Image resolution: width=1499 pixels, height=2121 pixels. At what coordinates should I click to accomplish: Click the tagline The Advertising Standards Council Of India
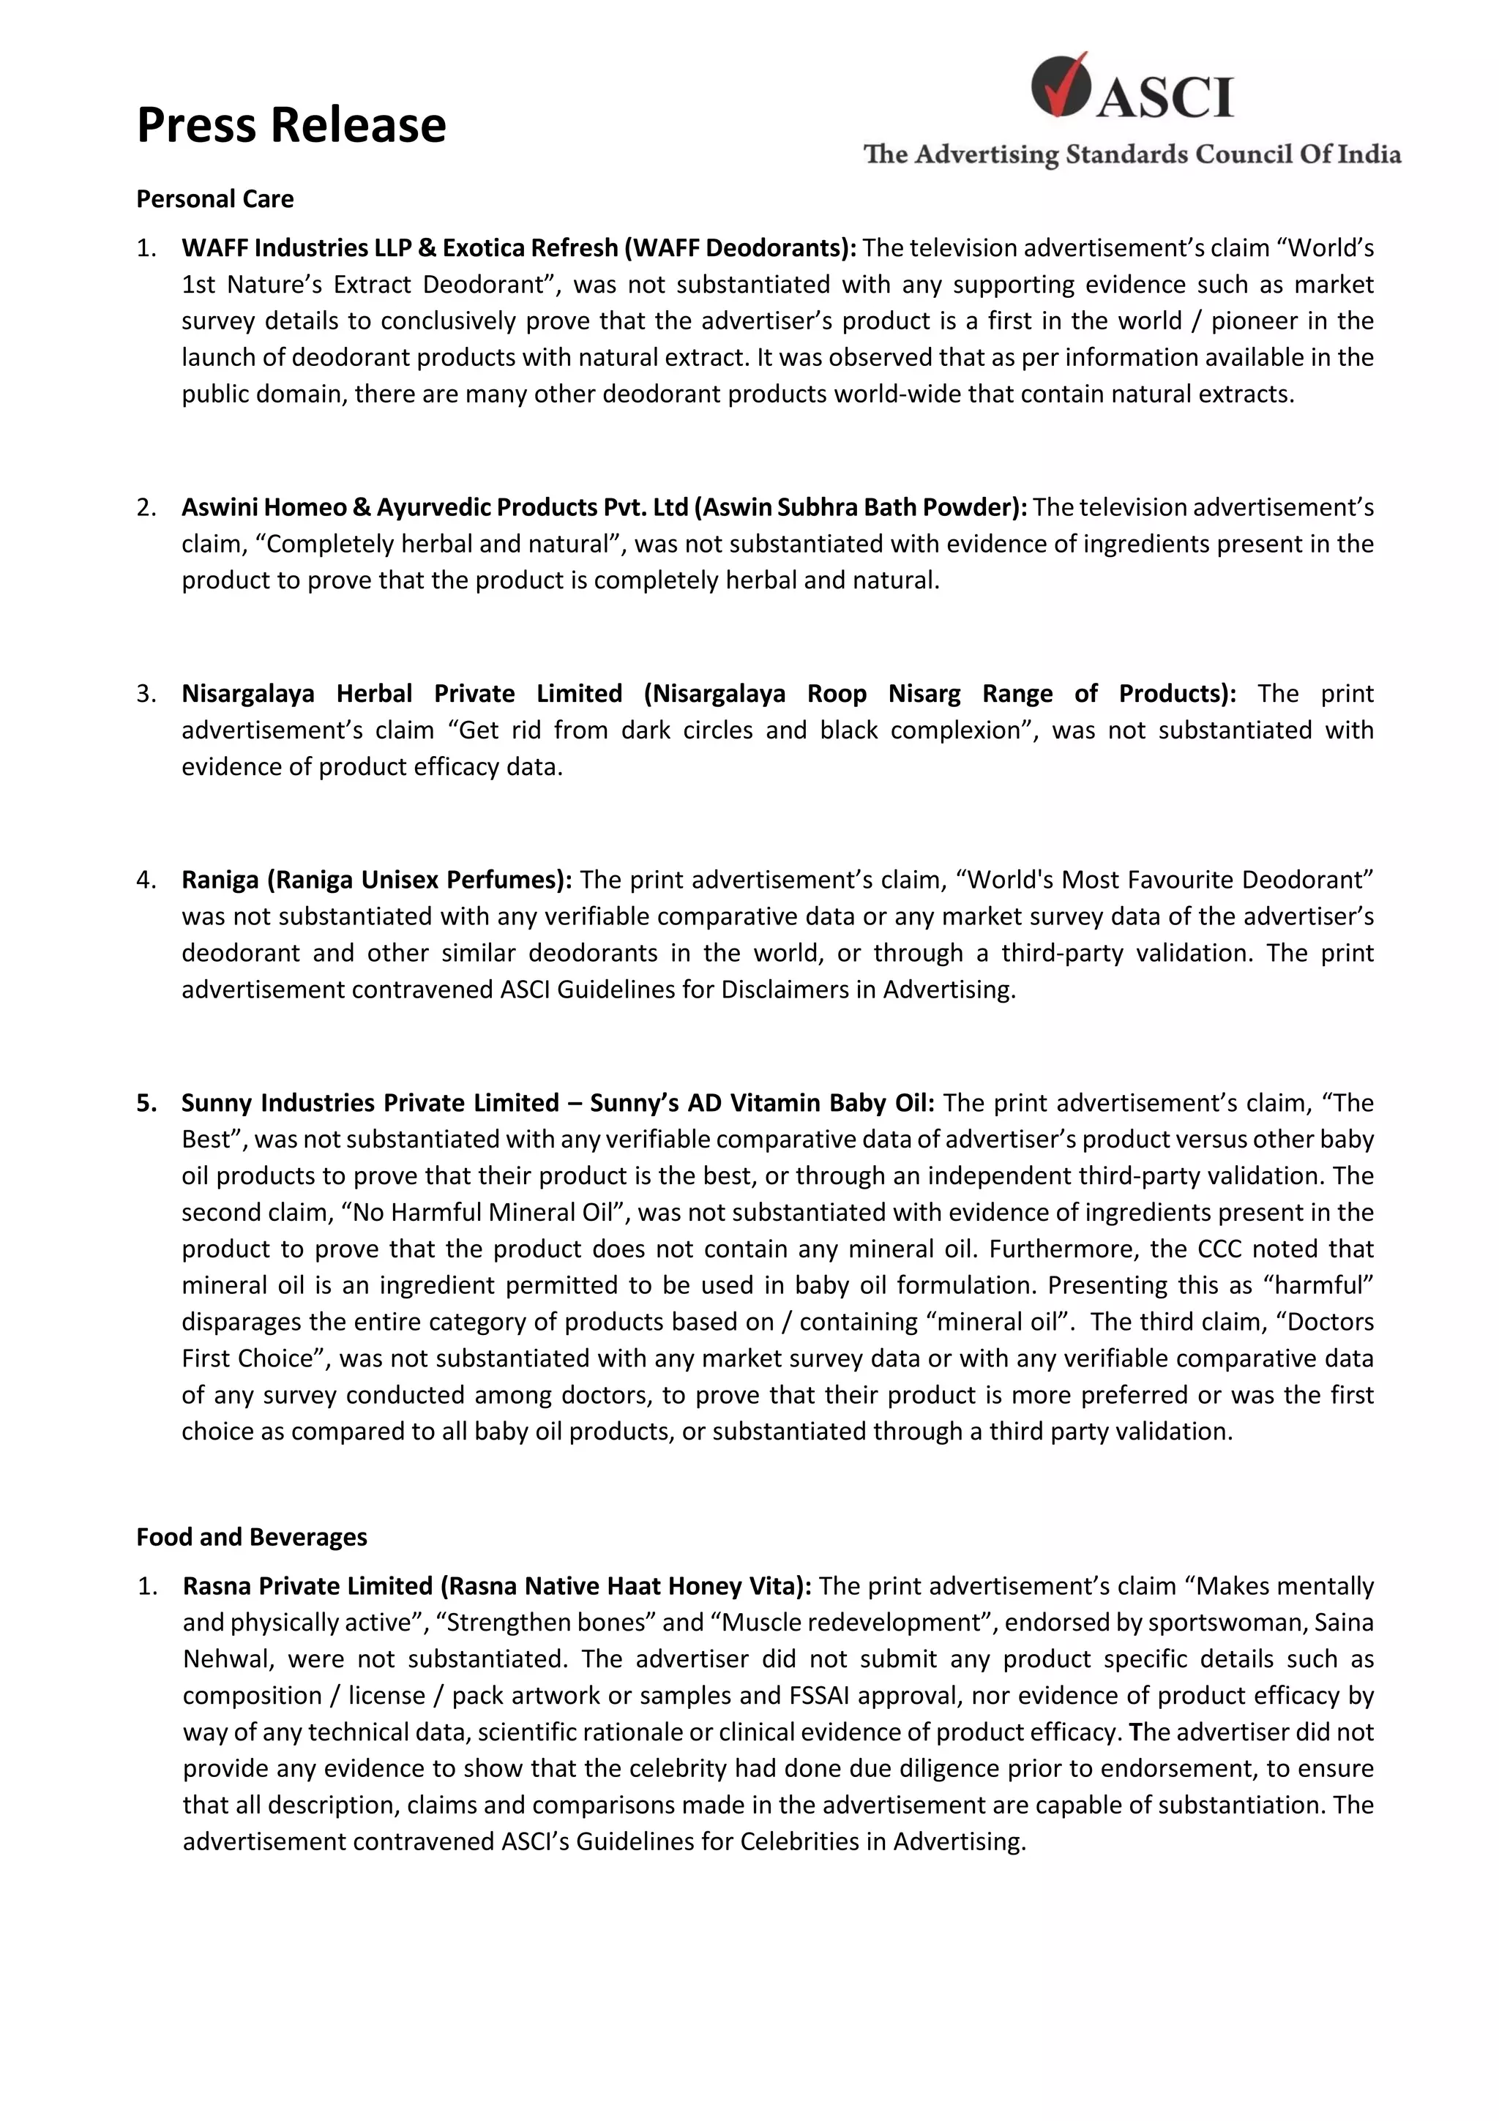[x=1132, y=154]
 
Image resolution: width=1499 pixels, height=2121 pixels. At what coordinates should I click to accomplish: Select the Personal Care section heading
[x=215, y=198]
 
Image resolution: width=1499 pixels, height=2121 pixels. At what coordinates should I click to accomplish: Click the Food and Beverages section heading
[x=251, y=1536]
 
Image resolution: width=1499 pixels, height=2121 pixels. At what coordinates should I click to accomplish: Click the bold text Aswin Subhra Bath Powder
[x=860, y=507]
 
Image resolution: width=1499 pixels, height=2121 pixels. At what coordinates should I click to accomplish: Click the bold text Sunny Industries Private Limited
[x=370, y=1102]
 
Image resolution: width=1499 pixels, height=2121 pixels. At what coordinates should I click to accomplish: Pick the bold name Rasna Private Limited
[x=307, y=1585]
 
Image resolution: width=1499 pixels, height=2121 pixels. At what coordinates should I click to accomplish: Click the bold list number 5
[x=146, y=1102]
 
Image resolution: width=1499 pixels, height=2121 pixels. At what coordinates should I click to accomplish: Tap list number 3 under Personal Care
[x=145, y=693]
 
